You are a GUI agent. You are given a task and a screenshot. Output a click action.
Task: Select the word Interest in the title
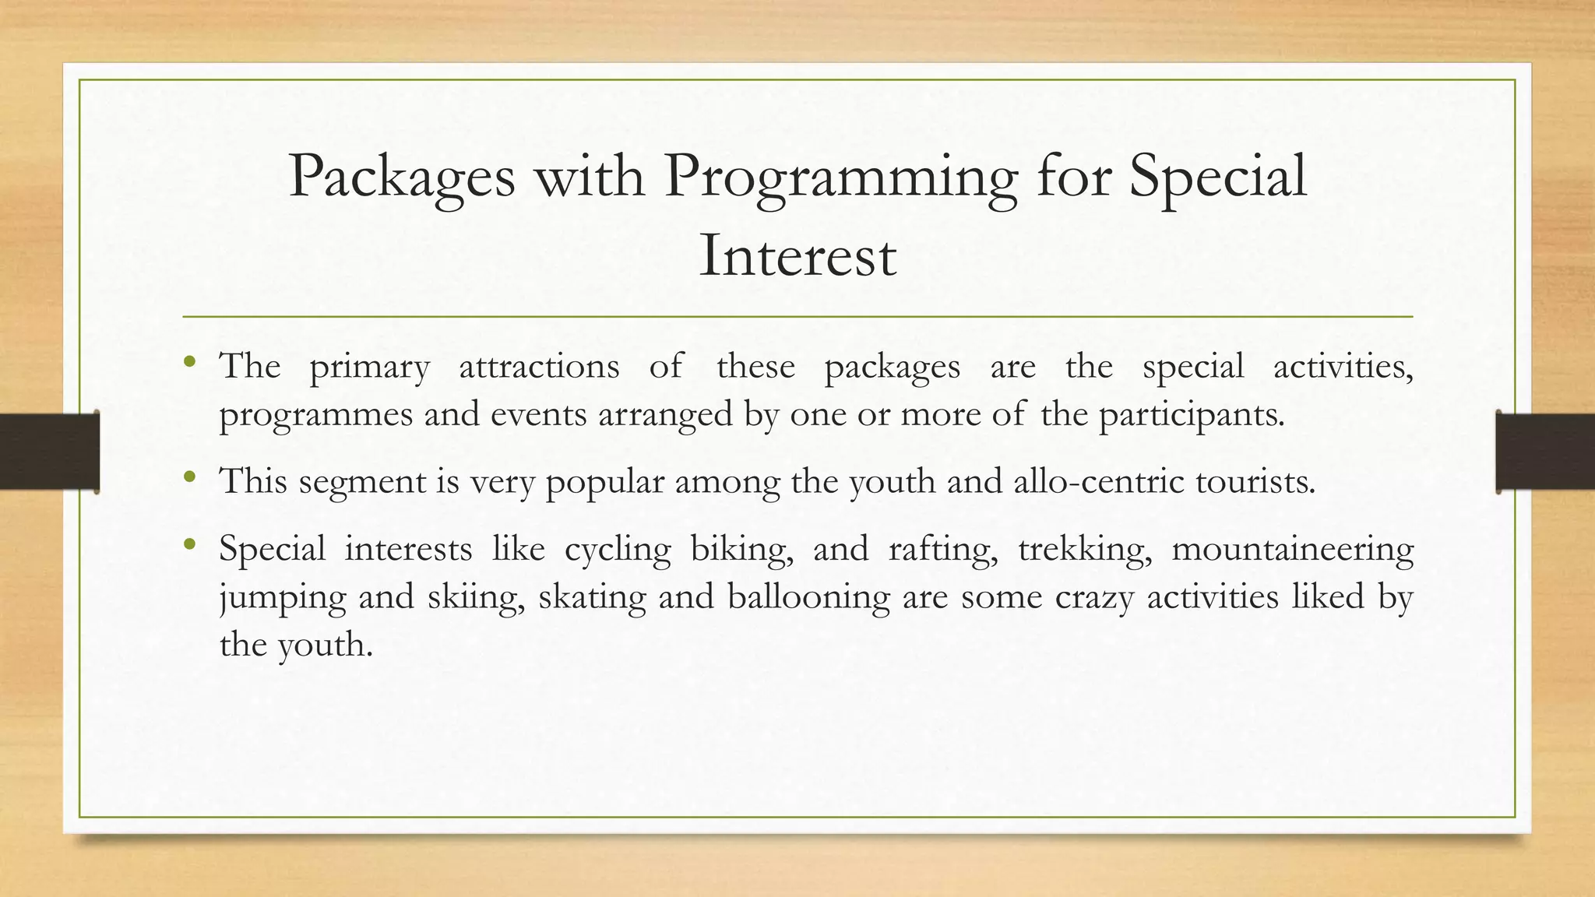(797, 256)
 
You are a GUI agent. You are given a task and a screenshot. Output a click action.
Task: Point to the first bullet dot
(189, 361)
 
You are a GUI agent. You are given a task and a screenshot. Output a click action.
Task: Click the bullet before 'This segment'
(189, 476)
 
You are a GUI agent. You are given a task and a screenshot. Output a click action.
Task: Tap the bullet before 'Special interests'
(189, 544)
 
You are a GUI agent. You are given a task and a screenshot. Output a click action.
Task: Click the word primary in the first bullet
(369, 367)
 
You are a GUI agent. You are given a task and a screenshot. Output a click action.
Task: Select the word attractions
(539, 366)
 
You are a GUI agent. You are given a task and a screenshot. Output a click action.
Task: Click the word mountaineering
(1292, 550)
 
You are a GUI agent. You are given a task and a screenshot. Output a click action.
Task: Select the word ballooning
(808, 597)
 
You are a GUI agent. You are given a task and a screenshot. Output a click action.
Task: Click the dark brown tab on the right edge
(1545, 452)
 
